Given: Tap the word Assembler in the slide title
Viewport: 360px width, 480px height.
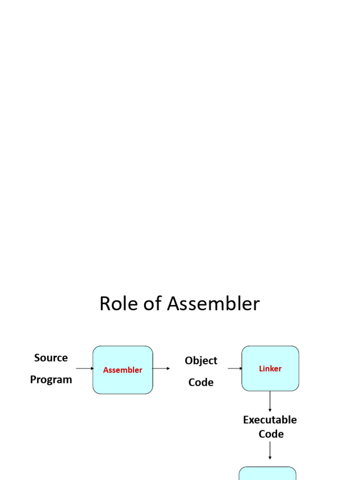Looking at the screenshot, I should [213, 304].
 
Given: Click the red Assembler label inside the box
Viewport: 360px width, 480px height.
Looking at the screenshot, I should [122, 370].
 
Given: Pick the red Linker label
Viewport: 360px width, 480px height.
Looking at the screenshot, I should [270, 369].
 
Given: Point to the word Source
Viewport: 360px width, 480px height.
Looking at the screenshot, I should [51, 358].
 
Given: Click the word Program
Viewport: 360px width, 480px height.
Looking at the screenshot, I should [51, 380].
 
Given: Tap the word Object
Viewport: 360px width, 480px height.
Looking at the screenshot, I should [201, 361].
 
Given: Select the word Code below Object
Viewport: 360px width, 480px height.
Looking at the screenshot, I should [201, 382].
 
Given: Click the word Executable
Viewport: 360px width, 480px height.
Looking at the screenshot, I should [270, 420].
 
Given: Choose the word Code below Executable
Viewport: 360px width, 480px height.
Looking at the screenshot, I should [271, 434].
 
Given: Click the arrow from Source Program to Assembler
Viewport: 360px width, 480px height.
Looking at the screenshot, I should [85, 368].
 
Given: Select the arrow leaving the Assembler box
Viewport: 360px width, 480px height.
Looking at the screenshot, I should [161, 368].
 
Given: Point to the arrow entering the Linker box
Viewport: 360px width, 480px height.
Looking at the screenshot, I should [235, 368].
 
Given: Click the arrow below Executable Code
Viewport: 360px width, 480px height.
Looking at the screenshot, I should [270, 450].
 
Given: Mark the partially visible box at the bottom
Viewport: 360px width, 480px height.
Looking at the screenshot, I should [268, 473].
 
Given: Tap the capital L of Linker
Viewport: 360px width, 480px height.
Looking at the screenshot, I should [261, 369].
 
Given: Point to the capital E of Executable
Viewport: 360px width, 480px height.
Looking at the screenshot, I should [246, 420].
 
